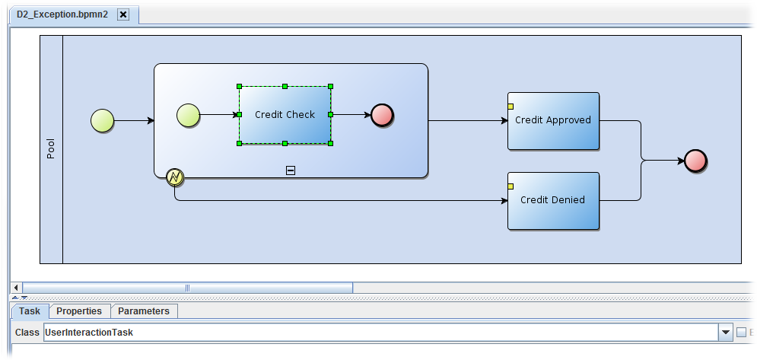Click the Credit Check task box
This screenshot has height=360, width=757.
pos(285,115)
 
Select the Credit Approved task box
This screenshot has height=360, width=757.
pos(553,120)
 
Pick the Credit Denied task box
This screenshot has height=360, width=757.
pos(553,200)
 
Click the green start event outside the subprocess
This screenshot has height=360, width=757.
pos(102,120)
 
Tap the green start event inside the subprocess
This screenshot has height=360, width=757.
pos(188,116)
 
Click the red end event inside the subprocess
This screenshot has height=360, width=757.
pos(382,116)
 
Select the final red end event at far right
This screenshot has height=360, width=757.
pos(695,161)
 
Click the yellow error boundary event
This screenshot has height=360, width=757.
pos(175,177)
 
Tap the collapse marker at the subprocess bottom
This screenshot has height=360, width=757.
pos(290,170)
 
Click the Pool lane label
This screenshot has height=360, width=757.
pos(51,149)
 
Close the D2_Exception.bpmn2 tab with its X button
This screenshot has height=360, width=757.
pos(124,14)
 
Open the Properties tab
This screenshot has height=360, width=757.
pos(79,311)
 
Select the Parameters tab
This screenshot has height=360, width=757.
pos(144,311)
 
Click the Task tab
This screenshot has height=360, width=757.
pos(30,311)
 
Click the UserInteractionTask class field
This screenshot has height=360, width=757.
pos(380,333)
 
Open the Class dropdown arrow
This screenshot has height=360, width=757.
pos(725,333)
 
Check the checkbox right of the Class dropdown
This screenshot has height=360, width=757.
pos(742,333)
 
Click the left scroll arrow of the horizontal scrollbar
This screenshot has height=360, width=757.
pos(16,287)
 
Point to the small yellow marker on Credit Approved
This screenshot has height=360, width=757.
pos(510,106)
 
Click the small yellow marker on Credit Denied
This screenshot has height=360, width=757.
pos(510,186)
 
